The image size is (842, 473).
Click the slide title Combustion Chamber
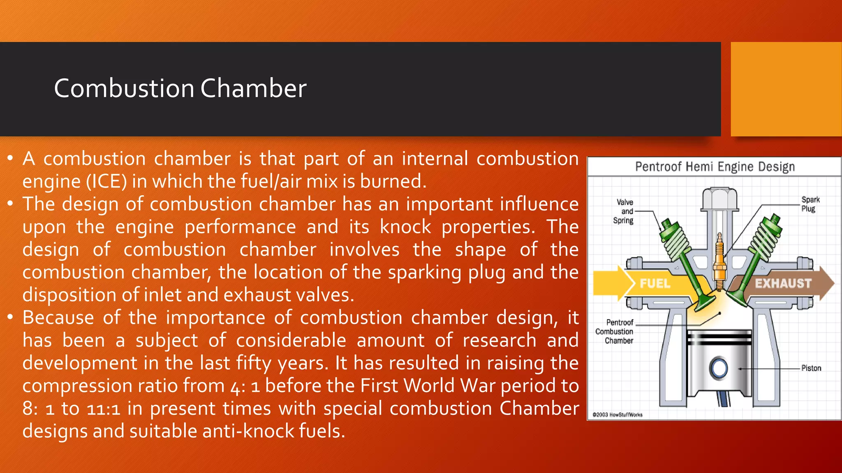coord(180,88)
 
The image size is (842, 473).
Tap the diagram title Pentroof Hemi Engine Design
coord(715,167)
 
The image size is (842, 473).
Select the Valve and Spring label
coord(624,211)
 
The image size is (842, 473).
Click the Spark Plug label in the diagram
coord(810,204)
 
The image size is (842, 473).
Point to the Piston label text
coord(811,368)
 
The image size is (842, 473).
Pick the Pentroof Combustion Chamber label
coord(615,331)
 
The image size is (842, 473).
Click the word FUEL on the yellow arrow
coord(655,283)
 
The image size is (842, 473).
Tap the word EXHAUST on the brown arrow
coord(783,283)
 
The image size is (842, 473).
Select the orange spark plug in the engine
coord(719,263)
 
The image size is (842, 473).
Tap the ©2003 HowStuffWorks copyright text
coord(617,415)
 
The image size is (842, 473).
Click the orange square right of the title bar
coord(786,89)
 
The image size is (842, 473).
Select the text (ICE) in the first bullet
coord(106,181)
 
